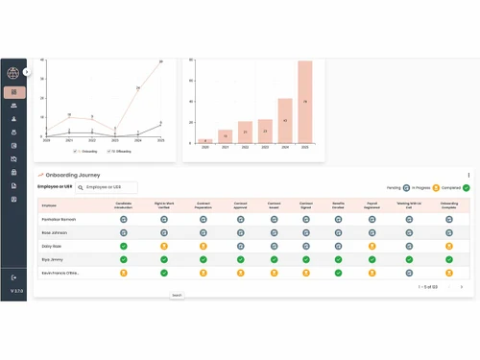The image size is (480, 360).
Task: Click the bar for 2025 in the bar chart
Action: (305, 103)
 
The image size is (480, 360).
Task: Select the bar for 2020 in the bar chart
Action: (204, 141)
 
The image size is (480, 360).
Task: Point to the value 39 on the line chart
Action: (160, 61)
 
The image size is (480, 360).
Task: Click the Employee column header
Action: (49, 204)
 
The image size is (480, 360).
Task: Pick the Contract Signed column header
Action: (306, 204)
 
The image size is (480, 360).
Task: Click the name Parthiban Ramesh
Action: (60, 219)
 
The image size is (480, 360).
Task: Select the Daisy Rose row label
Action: (52, 246)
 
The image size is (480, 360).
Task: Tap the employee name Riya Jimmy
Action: (53, 259)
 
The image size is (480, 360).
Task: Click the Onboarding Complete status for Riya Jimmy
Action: (449, 259)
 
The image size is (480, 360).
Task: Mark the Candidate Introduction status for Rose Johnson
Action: (123, 232)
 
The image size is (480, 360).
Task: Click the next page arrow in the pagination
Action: (462, 287)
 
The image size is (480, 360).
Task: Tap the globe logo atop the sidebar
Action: (13, 73)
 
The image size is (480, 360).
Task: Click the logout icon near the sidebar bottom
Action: (14, 277)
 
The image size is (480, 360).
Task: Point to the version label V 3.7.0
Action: (14, 291)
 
